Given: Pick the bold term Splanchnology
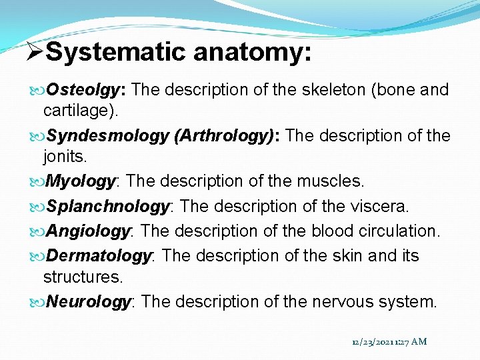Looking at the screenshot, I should [107, 207].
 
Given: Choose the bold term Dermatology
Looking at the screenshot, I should [98, 256].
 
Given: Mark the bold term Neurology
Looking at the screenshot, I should [88, 302].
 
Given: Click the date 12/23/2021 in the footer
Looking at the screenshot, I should [373, 342].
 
